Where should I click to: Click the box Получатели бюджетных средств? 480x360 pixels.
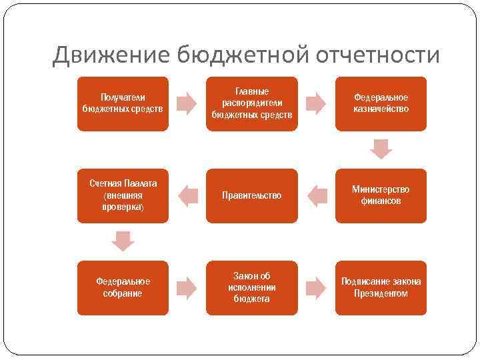pos(122,103)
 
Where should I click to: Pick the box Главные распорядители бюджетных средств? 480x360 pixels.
pos(251,103)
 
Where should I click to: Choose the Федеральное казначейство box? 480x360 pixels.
pos(381,103)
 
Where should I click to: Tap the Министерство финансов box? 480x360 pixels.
pos(381,195)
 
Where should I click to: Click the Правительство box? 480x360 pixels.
pos(251,195)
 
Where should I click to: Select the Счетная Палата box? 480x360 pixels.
pos(122,195)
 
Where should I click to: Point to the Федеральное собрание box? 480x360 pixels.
pos(122,287)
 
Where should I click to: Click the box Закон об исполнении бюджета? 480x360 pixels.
pos(251,287)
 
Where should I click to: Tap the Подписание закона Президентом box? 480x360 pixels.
pos(381,287)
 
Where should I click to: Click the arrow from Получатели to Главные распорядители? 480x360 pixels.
pos(187,103)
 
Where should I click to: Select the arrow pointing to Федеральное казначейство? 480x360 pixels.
pos(316,103)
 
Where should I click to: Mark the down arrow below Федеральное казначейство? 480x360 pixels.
pos(381,149)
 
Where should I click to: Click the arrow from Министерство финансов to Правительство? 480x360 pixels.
pos(316,195)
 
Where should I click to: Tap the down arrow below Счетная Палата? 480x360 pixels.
pos(122,241)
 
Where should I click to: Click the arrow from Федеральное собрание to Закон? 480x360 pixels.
pos(187,287)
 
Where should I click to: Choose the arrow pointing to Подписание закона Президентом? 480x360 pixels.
pos(316,287)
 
